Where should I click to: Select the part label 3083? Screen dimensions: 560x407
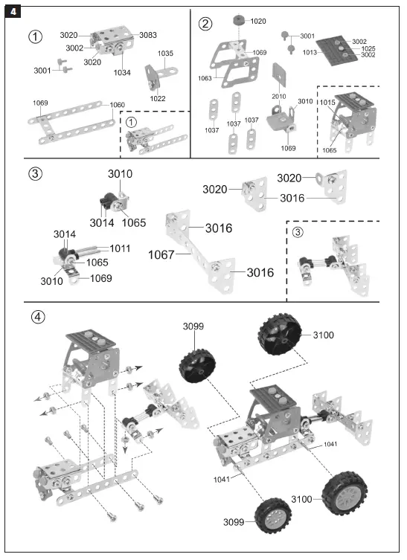[x=147, y=36]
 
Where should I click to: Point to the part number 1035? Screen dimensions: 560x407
[x=165, y=54]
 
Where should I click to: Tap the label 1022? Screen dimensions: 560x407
[x=158, y=98]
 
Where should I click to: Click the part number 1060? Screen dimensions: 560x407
[x=118, y=105]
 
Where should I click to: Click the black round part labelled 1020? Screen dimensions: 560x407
[x=238, y=21]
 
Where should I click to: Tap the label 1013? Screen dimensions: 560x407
[x=309, y=53]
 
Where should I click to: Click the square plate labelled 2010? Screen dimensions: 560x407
[x=280, y=74]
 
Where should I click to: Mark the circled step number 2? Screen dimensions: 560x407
[x=205, y=23]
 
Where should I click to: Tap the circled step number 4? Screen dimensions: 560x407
[x=37, y=316]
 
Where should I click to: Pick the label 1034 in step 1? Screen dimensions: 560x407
[x=122, y=72]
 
